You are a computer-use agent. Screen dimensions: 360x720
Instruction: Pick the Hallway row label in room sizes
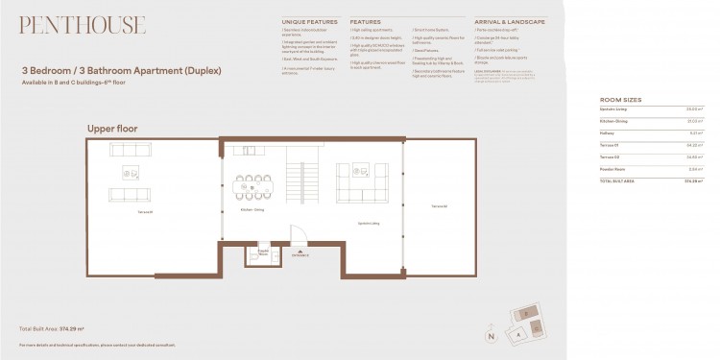(x=608, y=132)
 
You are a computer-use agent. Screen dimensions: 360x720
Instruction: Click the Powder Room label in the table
(x=612, y=167)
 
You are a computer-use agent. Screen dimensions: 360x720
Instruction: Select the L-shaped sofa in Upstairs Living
(x=362, y=182)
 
